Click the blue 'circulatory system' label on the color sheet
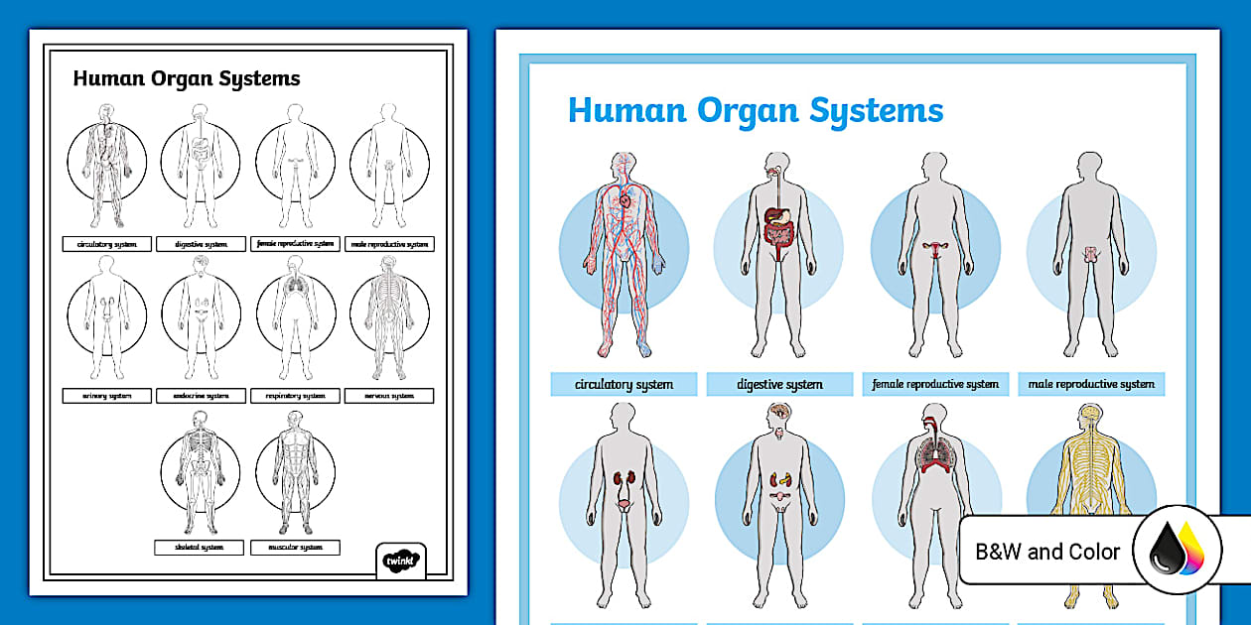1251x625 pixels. click(x=624, y=384)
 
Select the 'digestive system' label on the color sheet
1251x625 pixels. click(x=779, y=384)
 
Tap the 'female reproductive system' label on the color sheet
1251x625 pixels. click(x=935, y=384)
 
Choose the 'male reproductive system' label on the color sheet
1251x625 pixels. click(x=1091, y=384)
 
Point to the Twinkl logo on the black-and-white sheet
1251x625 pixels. click(x=401, y=560)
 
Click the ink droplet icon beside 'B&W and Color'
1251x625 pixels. click(x=1177, y=552)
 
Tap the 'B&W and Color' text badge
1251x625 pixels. click(x=1047, y=552)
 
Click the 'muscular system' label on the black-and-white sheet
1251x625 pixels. click(x=296, y=547)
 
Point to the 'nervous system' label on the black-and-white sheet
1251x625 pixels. click(x=389, y=396)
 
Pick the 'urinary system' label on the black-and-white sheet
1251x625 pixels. click(x=107, y=396)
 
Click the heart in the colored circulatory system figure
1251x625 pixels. click(x=625, y=199)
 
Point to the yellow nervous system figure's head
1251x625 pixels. click(x=1090, y=418)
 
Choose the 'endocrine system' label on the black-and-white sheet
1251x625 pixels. click(x=202, y=396)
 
